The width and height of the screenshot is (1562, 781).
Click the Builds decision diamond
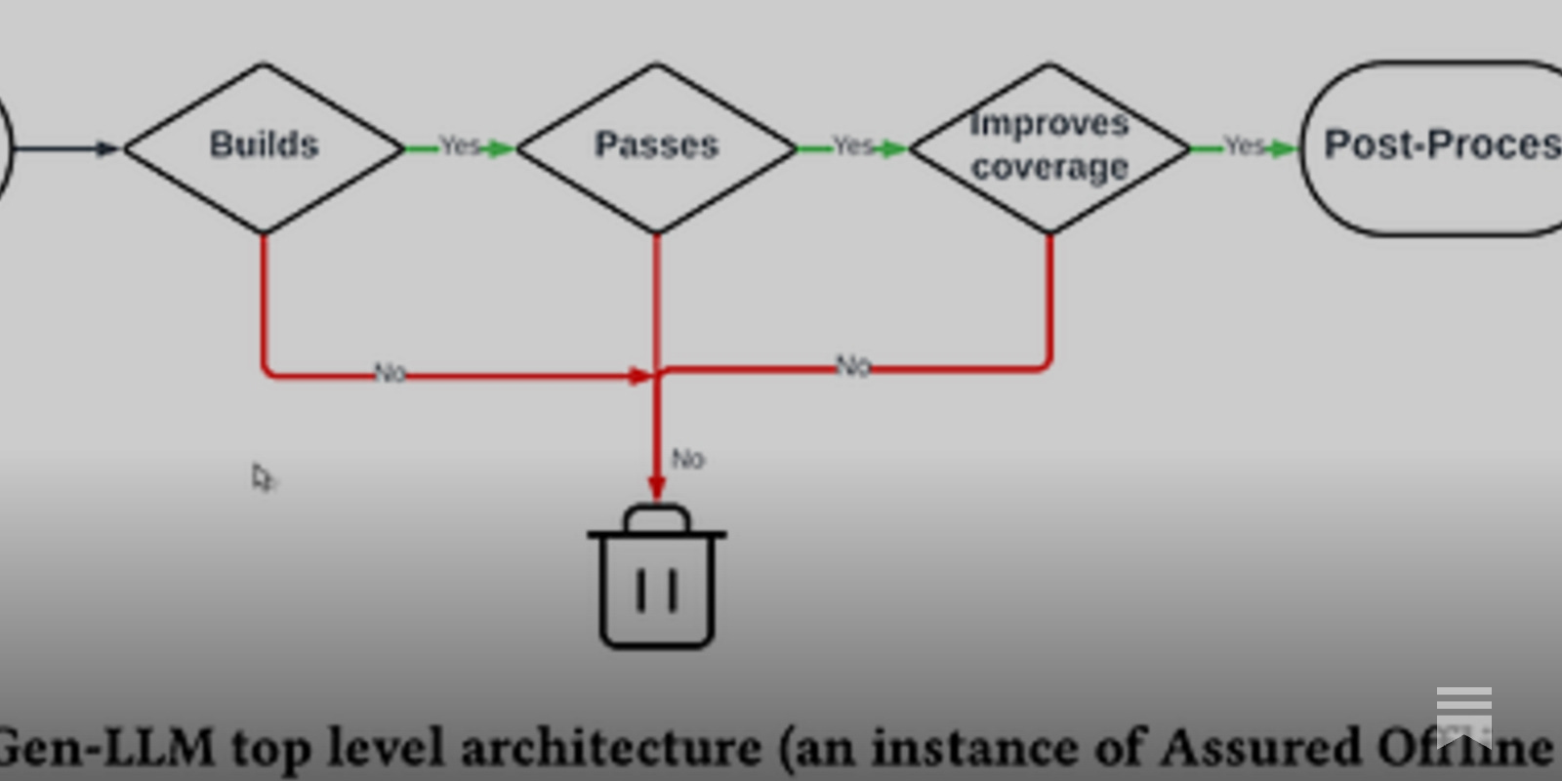point(264,147)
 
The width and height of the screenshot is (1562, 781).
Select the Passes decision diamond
point(657,147)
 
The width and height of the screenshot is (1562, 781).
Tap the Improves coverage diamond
point(1050,147)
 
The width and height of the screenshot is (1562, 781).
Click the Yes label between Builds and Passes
point(460,146)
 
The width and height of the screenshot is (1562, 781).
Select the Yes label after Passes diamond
point(853,146)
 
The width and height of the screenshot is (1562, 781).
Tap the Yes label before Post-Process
point(1245,146)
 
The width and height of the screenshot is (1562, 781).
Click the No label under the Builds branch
point(390,373)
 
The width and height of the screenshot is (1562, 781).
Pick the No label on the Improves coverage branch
point(853,366)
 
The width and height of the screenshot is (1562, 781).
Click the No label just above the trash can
point(688,459)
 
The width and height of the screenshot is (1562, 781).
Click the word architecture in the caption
point(610,748)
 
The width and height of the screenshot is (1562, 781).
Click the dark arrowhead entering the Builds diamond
point(107,148)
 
